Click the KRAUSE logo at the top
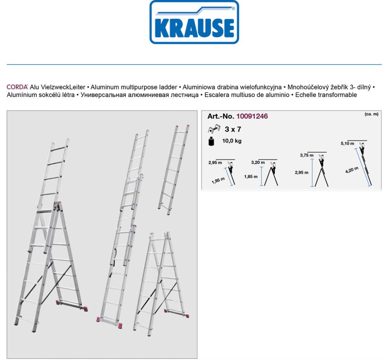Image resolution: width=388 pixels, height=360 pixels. pyautogui.click(x=194, y=22)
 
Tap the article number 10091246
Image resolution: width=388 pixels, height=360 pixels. pyautogui.click(x=252, y=116)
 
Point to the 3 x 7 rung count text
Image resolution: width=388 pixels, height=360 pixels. pyautogui.click(x=233, y=130)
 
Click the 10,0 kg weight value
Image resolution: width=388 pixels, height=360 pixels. pyautogui.click(x=232, y=141)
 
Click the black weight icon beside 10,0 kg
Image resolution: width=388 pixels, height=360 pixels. pyautogui.click(x=211, y=142)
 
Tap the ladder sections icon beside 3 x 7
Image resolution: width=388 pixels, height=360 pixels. pyautogui.click(x=214, y=130)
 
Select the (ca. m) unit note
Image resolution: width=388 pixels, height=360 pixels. pyautogui.click(x=371, y=114)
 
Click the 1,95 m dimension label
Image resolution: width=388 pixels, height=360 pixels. pyautogui.click(x=219, y=180)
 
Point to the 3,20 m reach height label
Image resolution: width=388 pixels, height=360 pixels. pyautogui.click(x=258, y=163)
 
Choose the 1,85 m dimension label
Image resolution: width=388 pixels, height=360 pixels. pyautogui.click(x=251, y=177)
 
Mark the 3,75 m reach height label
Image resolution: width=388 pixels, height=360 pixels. pyautogui.click(x=307, y=155)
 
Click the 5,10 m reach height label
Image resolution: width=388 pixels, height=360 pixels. pyautogui.click(x=347, y=144)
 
